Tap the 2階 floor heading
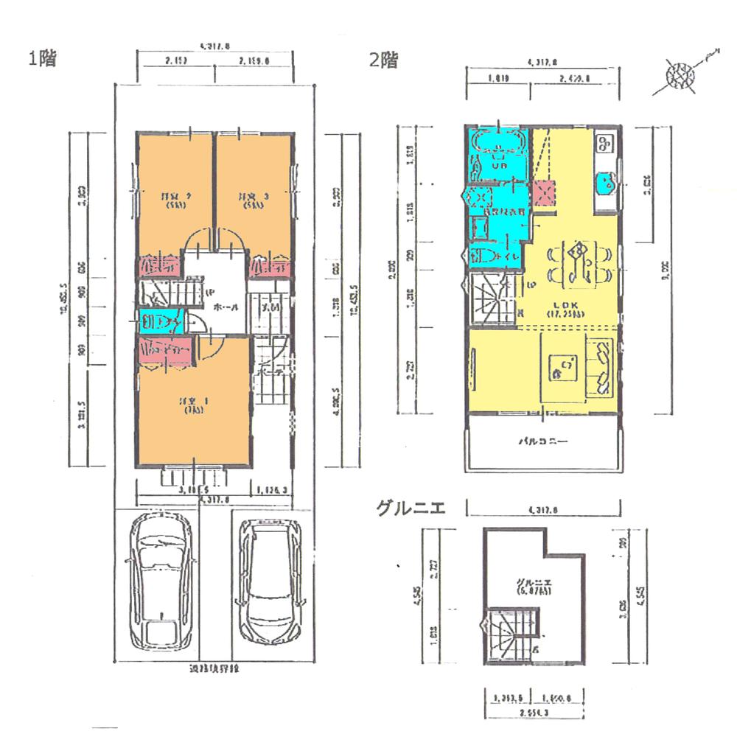[x=383, y=60]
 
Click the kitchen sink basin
[x=607, y=180]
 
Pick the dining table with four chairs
[x=578, y=261]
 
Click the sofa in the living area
[x=601, y=366]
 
